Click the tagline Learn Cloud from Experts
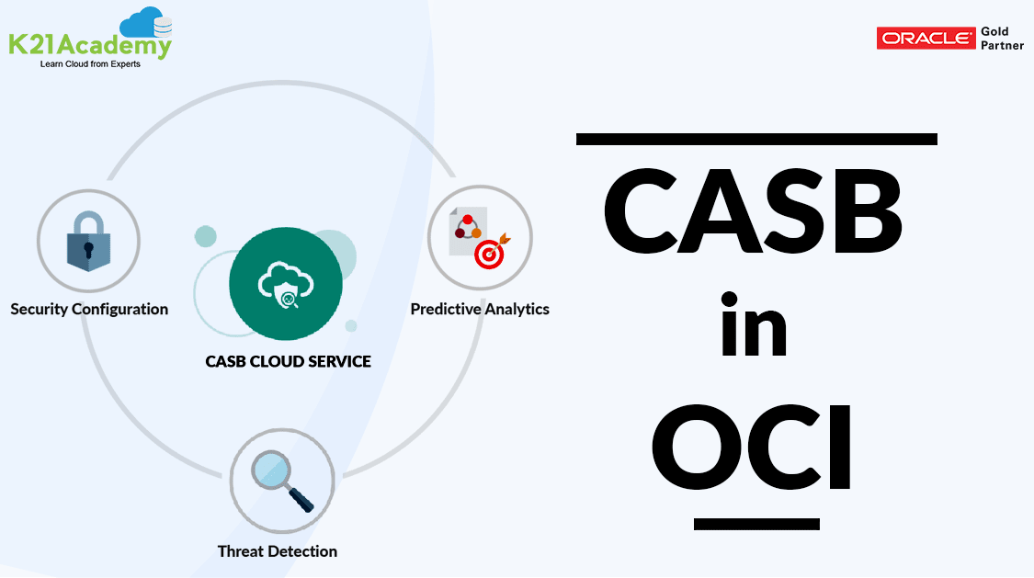90,64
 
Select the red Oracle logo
926,39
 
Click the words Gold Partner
1002,39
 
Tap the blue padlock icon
88,242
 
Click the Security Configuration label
89,309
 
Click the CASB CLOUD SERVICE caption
288,361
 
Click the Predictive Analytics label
480,309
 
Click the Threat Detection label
278,551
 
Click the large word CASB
754,214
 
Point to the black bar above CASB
756,139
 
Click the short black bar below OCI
756,524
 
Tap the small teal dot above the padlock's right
205,236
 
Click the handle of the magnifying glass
301,499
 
